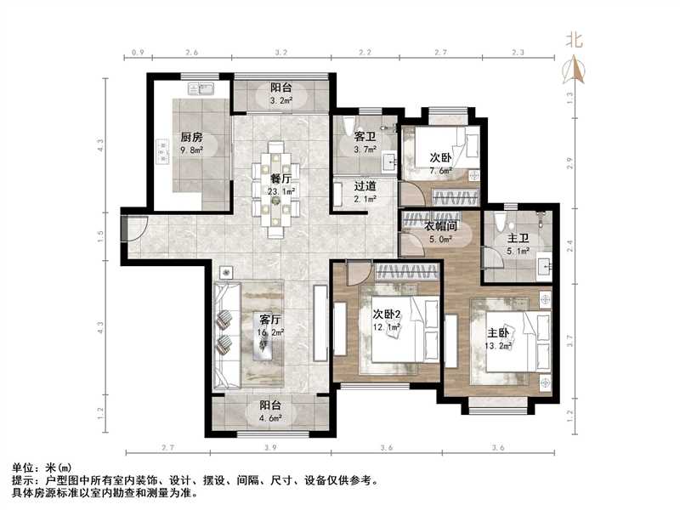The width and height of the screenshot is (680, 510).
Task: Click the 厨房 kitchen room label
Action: pyautogui.click(x=191, y=137)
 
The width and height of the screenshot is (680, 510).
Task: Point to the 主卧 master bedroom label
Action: pyautogui.click(x=499, y=333)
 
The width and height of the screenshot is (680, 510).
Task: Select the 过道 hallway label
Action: pyautogui.click(x=365, y=186)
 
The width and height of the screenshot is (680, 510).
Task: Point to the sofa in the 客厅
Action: pyautogui.click(x=227, y=332)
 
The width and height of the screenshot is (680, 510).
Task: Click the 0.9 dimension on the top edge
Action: pyautogui.click(x=139, y=54)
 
